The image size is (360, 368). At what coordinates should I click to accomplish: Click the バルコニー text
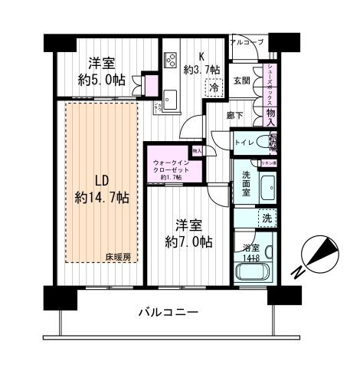(x=169, y=313)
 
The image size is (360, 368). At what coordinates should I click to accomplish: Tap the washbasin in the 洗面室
(x=267, y=186)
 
